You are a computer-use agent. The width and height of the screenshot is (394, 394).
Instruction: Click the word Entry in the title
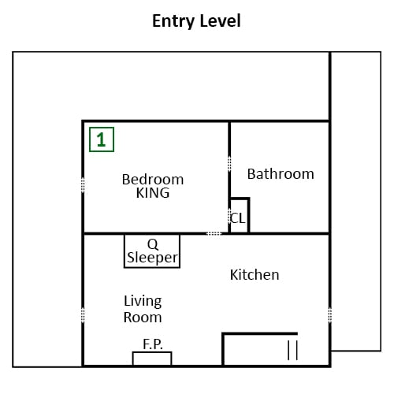pyautogui.click(x=173, y=21)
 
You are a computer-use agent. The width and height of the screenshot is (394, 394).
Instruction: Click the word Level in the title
pyautogui.click(x=220, y=20)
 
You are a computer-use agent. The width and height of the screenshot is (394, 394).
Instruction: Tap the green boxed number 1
pyautogui.click(x=102, y=139)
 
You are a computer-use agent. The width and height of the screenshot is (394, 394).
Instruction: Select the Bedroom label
pyautogui.click(x=153, y=180)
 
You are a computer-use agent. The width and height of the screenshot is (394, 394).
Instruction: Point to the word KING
pyautogui.click(x=153, y=193)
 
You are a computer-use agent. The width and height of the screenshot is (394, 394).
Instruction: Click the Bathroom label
pyautogui.click(x=281, y=174)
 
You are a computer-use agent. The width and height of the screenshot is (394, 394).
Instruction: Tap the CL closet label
pyautogui.click(x=237, y=218)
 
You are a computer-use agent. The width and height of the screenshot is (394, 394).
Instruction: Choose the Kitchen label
pyautogui.click(x=255, y=275)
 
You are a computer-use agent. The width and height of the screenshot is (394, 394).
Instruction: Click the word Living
pyautogui.click(x=143, y=301)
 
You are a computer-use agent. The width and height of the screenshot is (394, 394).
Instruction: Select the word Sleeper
pyautogui.click(x=153, y=258)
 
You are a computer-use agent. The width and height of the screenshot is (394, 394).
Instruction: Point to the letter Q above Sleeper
pyautogui.click(x=153, y=244)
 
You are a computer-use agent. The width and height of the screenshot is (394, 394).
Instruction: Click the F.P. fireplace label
pyautogui.click(x=153, y=344)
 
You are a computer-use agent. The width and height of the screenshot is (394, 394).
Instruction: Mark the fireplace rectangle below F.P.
pyautogui.click(x=152, y=359)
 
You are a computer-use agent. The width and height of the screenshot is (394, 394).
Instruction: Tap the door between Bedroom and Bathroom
pyautogui.click(x=229, y=163)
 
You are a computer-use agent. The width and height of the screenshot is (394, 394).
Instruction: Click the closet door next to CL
pyautogui.click(x=229, y=216)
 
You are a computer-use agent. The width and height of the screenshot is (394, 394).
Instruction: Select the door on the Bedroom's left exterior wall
pyautogui.click(x=83, y=185)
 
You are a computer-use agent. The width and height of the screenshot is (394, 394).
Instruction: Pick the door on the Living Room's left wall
pyautogui.click(x=83, y=314)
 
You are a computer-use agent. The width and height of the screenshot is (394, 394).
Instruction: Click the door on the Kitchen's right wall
pyautogui.click(x=330, y=314)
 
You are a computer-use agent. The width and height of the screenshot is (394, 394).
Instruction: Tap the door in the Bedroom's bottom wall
pyautogui.click(x=214, y=233)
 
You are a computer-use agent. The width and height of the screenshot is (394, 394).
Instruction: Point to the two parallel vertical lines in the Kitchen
pyautogui.click(x=292, y=350)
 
